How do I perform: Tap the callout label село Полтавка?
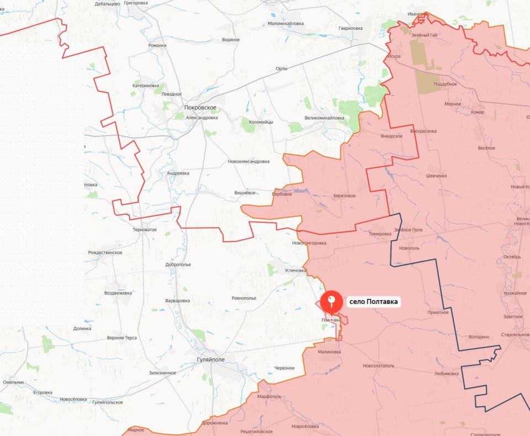click(373, 302)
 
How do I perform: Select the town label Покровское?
click(200, 108)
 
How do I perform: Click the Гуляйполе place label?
click(210, 360)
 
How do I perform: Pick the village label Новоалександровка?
click(248, 161)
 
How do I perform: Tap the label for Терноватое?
click(145, 229)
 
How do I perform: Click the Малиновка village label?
click(329, 351)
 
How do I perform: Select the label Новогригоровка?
click(309, 243)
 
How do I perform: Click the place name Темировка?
click(380, 234)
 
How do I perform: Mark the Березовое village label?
click(344, 196)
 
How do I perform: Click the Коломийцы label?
click(261, 122)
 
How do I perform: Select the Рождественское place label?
click(105, 253)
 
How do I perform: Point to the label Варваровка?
click(177, 301)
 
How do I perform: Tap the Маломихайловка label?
click(285, 24)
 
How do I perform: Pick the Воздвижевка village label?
click(119, 293)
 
